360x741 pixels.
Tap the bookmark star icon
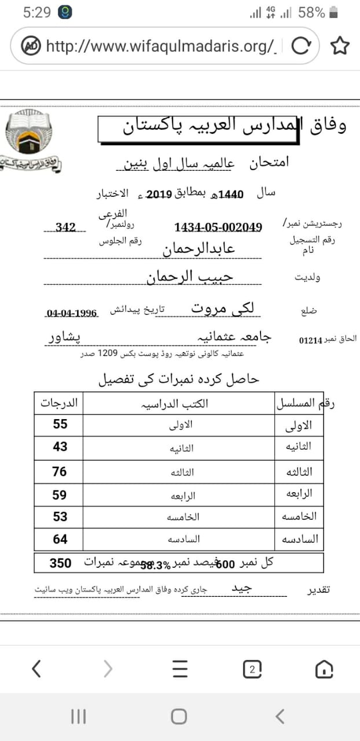[340, 45]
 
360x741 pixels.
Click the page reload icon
[301, 45]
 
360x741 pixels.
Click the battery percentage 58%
[311, 12]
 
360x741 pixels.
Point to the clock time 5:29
[37, 12]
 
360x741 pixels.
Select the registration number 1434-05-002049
[218, 228]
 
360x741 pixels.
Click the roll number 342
[66, 228]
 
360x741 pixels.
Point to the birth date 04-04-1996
[72, 313]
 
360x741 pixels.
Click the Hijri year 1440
[231, 195]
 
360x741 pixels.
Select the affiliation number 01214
[310, 340]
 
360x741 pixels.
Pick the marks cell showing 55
[60, 424]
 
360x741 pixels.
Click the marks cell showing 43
[60, 447]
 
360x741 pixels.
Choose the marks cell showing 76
[60, 472]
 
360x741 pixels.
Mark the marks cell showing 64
[60, 540]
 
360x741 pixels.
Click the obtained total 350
[60, 563]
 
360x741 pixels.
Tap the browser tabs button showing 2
[252, 669]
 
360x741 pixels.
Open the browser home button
[324, 669]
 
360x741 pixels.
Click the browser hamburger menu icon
[180, 669]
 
